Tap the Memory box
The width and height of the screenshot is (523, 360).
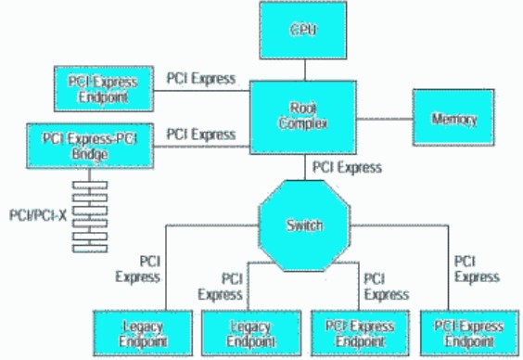454,118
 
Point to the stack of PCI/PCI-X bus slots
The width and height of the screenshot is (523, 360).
89,215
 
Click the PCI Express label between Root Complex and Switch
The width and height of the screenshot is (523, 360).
347,168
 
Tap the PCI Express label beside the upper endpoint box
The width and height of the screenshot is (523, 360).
202,78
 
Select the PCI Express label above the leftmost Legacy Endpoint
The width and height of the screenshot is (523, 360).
138,269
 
